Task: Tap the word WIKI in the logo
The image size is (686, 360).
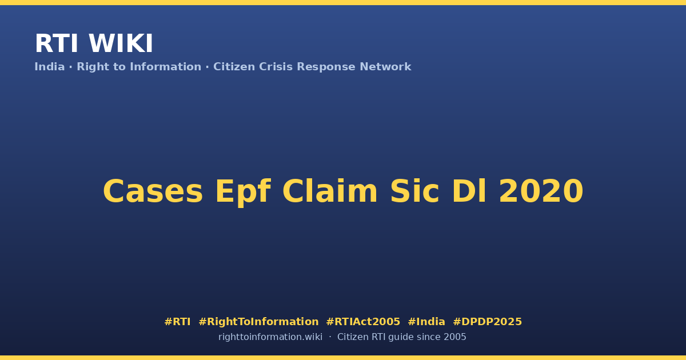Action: coord(121,43)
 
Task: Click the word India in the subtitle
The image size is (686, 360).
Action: coord(50,67)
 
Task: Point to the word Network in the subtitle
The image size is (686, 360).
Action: coord(385,67)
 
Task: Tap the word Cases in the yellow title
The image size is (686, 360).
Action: coord(153,191)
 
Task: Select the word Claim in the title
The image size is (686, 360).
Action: coord(330,191)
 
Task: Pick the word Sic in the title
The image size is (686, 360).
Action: coord(415,191)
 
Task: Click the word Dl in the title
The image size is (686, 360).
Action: coord(469,191)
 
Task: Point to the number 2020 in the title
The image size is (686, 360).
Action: coord(541,191)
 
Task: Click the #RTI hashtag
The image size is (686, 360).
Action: coord(177,322)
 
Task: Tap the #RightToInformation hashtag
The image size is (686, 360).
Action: coord(258,322)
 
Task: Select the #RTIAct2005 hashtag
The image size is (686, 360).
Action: coord(363,322)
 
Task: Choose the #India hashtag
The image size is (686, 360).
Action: coord(426,322)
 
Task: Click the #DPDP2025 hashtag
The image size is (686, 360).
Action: coord(487,322)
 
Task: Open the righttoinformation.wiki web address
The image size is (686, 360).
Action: coord(270,337)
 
